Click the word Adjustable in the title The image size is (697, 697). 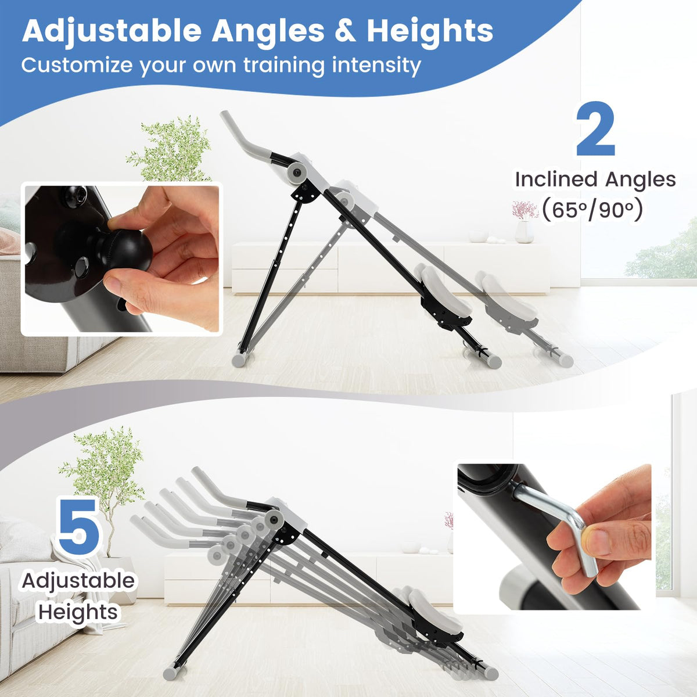click(112, 32)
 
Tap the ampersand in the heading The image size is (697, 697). click(346, 31)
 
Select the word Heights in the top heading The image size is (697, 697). click(430, 31)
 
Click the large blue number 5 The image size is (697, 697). click(79, 527)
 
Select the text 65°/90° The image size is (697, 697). click(591, 211)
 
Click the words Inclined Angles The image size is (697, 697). click(595, 179)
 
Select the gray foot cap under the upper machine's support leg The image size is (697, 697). click(239, 360)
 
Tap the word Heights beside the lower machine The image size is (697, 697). click(78, 612)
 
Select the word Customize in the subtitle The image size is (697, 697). click(76, 66)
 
